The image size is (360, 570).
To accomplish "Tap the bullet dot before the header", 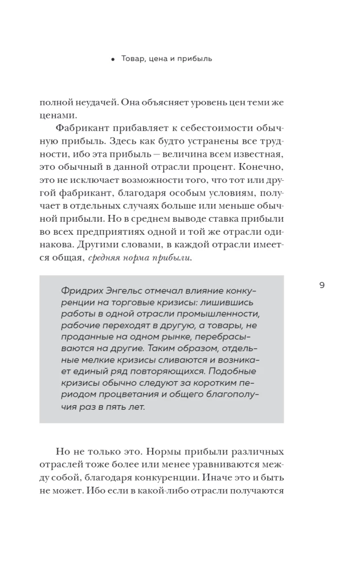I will (x=114, y=59).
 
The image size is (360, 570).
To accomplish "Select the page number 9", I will (x=322, y=286).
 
